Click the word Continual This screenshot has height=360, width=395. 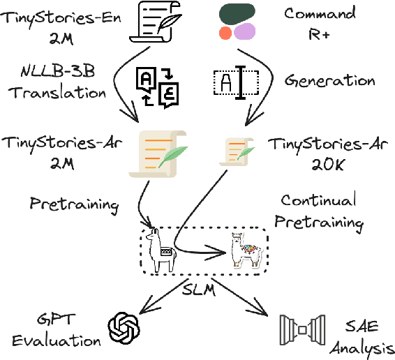(x=318, y=200)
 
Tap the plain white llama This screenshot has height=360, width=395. (x=162, y=250)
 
